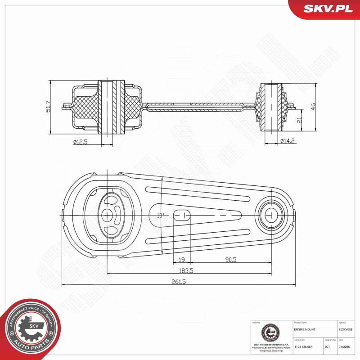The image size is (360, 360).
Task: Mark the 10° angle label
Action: click(160, 215)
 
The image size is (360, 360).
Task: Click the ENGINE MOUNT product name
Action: click(305, 330)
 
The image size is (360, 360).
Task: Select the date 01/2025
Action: click(344, 347)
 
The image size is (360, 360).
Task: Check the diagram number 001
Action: click(327, 347)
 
